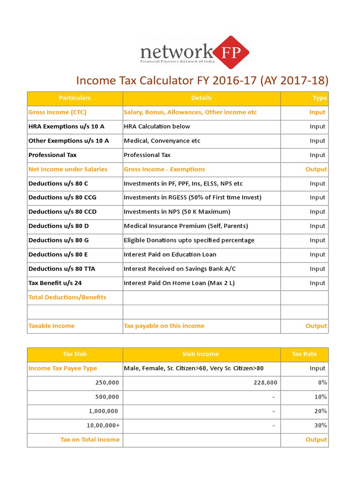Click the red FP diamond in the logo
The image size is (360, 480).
point(231,52)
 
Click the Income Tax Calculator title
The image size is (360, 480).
point(202,80)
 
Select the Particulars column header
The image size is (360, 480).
point(75,98)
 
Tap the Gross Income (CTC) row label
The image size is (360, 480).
point(57,112)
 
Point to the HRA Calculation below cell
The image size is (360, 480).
point(157,127)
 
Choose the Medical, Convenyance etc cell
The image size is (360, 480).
point(162,141)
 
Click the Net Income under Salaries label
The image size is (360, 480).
point(68,169)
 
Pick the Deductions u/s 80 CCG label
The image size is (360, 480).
point(62,197)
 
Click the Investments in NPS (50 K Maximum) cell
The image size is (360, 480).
point(177,212)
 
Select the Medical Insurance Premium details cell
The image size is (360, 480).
point(186,226)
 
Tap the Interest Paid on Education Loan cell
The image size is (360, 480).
point(170,255)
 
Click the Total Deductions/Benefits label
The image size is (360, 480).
point(67,297)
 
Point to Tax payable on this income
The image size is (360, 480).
point(164,326)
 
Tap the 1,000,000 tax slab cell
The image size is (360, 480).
point(104,411)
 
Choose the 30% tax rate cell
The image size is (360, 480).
point(322,425)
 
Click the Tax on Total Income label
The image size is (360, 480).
point(90,440)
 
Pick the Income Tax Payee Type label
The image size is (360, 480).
point(63,368)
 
